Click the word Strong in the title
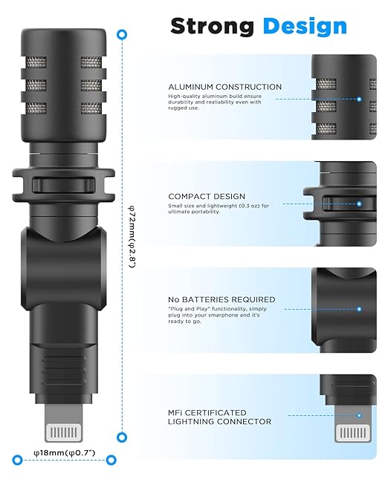(x=212, y=27)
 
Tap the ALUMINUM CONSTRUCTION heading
(x=224, y=87)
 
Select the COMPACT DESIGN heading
(x=207, y=196)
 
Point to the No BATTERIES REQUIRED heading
(x=222, y=300)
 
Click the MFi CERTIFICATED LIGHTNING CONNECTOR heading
(x=219, y=417)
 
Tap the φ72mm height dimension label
(x=132, y=236)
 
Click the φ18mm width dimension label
(x=65, y=453)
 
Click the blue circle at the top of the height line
(x=122, y=35)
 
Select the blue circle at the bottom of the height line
(x=122, y=437)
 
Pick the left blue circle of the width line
(x=18, y=460)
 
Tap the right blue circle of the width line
(x=111, y=460)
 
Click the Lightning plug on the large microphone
(x=64, y=423)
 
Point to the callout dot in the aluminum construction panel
(x=359, y=100)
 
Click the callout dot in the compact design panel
(x=359, y=204)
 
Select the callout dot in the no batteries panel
(x=359, y=309)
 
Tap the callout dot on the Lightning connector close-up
(x=359, y=415)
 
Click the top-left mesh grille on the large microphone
(x=36, y=63)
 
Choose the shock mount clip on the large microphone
(x=63, y=185)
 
